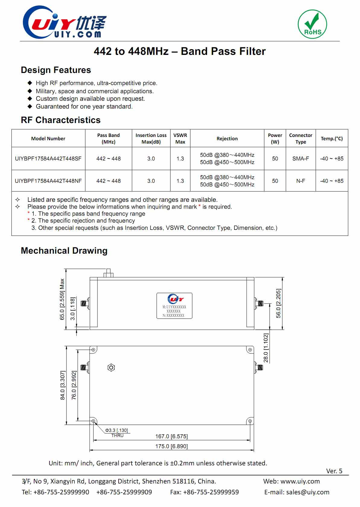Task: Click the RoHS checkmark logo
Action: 312,24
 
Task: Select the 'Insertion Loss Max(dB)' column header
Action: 151,138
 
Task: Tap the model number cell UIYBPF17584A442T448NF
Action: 48,181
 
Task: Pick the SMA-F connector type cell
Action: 301,158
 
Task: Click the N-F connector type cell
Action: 301,181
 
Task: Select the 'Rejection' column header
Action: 227,138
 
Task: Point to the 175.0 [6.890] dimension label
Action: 171,446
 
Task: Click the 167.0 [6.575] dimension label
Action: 171,436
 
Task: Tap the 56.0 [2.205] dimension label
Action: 278,303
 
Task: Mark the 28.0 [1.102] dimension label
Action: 266,347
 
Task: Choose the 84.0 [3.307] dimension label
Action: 62,385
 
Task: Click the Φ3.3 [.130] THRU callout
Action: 117,433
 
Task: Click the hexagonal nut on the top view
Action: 111,367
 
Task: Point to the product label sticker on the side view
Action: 174,306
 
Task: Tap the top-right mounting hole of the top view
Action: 250,350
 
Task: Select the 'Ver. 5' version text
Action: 334,471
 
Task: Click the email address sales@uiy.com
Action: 307,492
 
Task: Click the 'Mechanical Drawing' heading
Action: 64,251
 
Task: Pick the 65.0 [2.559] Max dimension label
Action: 62,299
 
